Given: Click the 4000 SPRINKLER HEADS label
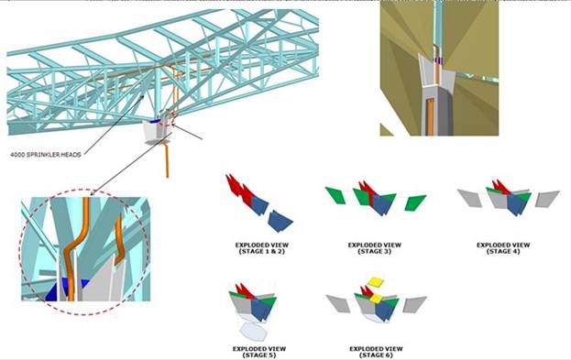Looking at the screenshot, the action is coord(46,155).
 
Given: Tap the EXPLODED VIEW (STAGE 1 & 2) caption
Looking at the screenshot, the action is coord(262,248).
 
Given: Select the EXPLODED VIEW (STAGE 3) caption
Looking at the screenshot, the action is coord(375,248).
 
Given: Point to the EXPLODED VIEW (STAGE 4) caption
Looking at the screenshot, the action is coord(503,248).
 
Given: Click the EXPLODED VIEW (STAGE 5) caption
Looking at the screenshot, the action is coord(259,352).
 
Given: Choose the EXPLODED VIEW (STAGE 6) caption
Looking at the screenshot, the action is coord(376,352).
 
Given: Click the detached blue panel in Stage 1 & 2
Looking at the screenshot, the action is coord(280,221).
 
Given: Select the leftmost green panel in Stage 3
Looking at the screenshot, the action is coord(335,195).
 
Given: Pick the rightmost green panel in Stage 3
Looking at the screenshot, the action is coord(415,202).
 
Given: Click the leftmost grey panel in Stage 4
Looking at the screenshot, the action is coord(470,198).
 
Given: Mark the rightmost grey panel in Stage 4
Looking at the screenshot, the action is coord(547,199).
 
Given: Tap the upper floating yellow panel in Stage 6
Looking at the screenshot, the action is coord(376,281).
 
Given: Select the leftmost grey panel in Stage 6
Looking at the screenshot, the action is coord(338,303).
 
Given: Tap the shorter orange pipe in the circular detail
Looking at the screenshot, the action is coord(119,240).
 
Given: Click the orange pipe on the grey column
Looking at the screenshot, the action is coord(430,116).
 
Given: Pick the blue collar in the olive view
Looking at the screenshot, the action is coord(436,61).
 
